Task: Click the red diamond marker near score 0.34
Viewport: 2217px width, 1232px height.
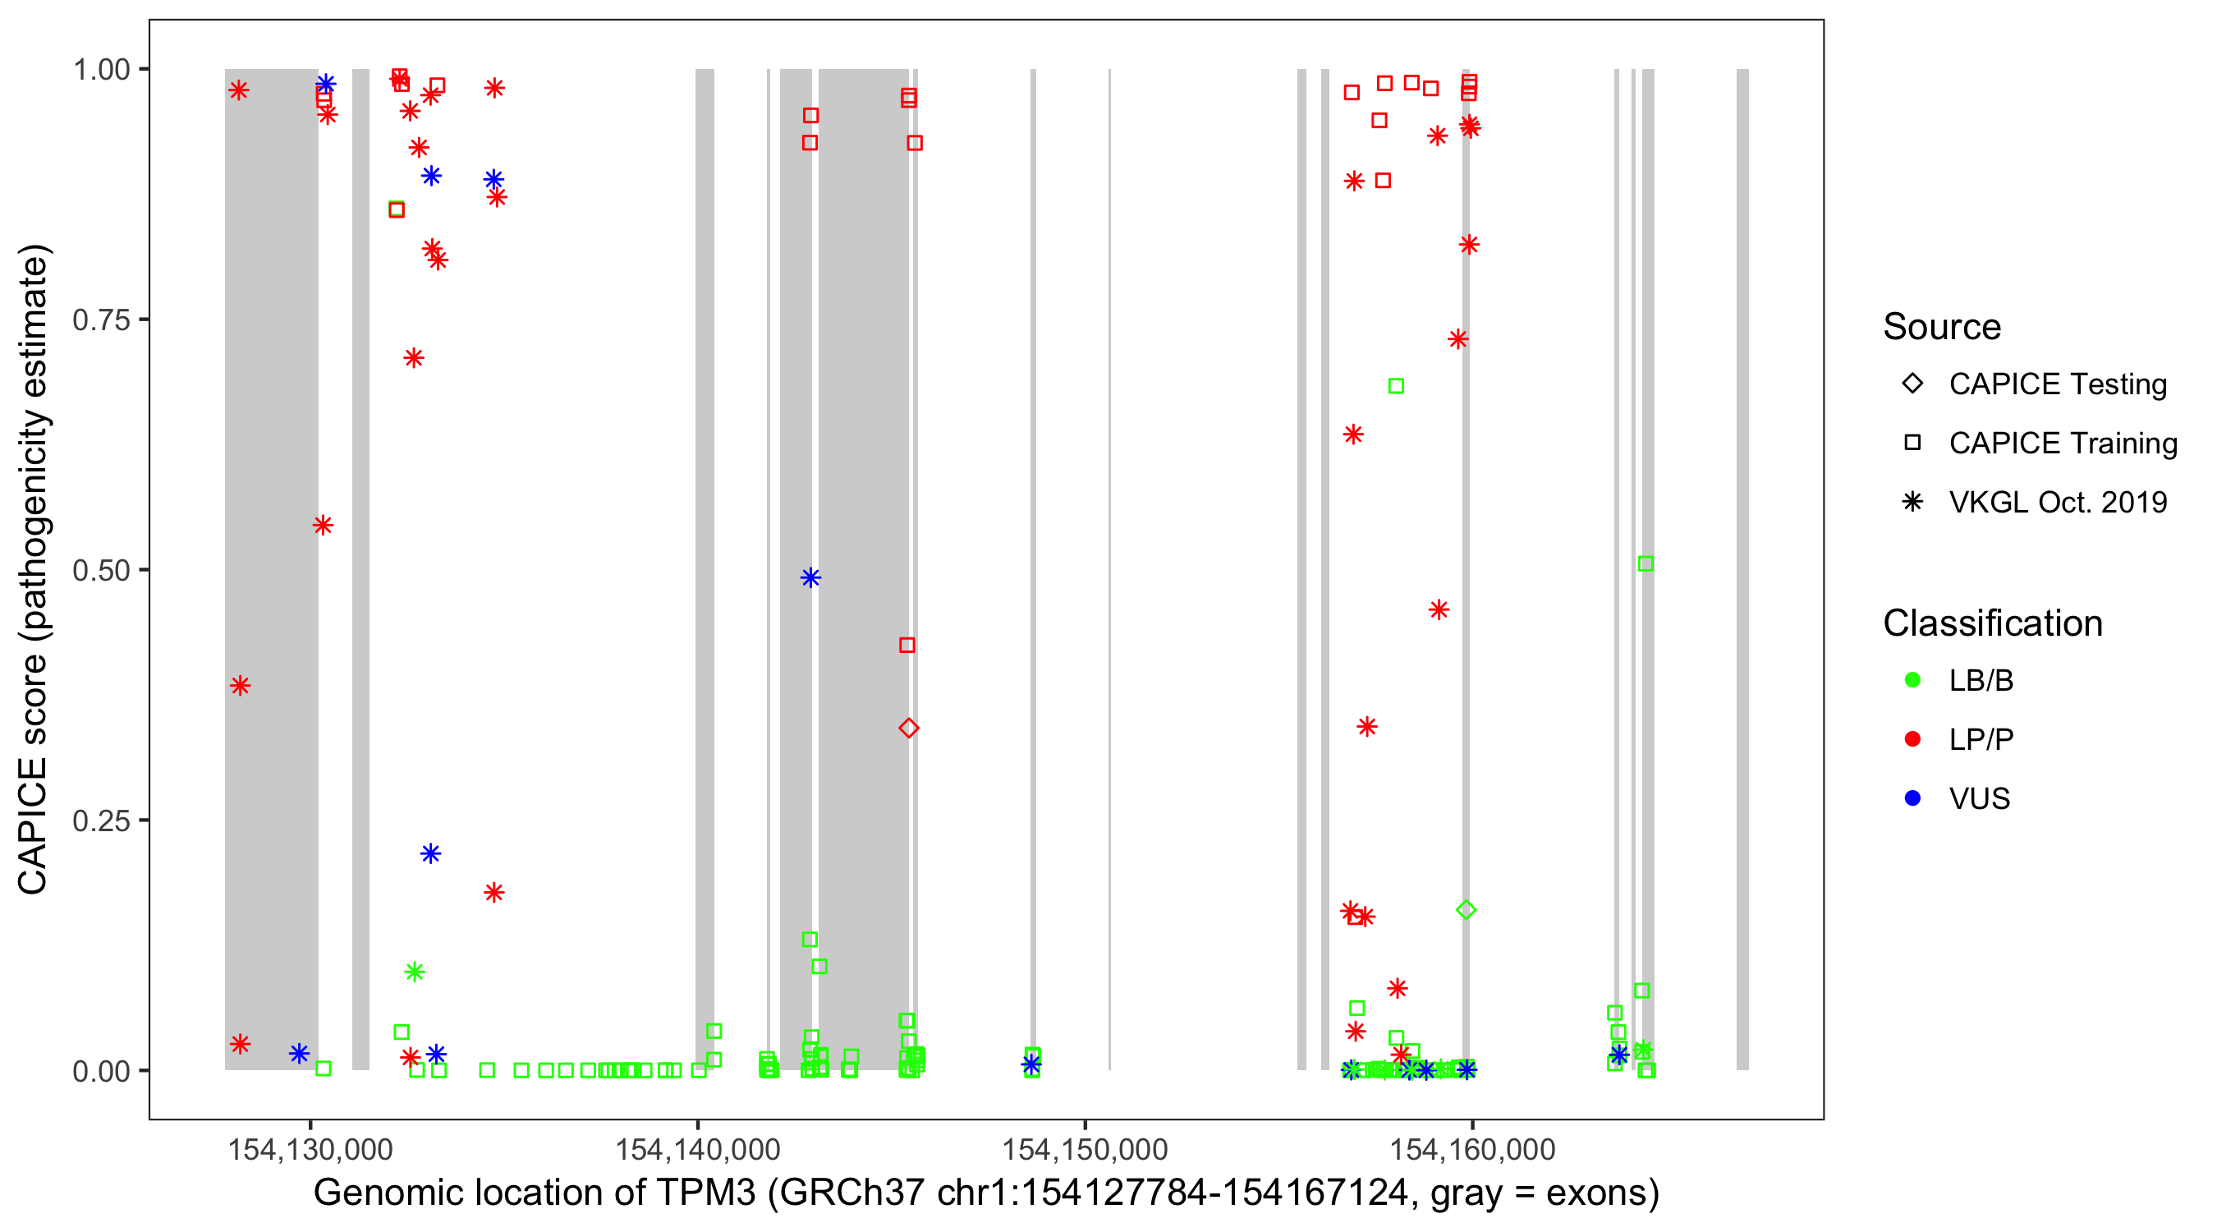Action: pyautogui.click(x=908, y=729)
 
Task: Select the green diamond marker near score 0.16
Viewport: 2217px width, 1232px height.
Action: pyautogui.click(x=1467, y=910)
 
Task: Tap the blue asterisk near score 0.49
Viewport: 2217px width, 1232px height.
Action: pyautogui.click(x=810, y=577)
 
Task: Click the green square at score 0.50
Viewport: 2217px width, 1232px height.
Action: pyautogui.click(x=1646, y=564)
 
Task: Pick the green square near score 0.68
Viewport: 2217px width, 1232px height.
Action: pyautogui.click(x=1396, y=387)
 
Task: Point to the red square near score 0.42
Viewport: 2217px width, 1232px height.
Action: pyautogui.click(x=907, y=645)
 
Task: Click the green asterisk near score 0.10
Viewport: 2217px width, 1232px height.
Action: pyautogui.click(x=414, y=972)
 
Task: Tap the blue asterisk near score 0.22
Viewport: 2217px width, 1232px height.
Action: pyautogui.click(x=431, y=853)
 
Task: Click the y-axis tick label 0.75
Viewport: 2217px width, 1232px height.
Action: pyautogui.click(x=101, y=320)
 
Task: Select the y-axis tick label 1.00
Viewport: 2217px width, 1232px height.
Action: pyautogui.click(x=101, y=70)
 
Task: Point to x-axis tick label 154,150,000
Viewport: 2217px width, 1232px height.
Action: pyautogui.click(x=1085, y=1149)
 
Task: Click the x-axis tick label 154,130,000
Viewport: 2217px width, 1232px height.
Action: pyautogui.click(x=310, y=1149)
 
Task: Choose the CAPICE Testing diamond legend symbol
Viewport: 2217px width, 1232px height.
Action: pyautogui.click(x=1912, y=384)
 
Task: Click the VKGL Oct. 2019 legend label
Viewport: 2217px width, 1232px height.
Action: pyautogui.click(x=2058, y=502)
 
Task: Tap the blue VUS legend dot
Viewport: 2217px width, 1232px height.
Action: pyautogui.click(x=1912, y=798)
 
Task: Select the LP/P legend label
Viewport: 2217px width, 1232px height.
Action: pyautogui.click(x=1981, y=739)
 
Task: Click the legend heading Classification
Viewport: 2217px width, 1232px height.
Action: pyautogui.click(x=1992, y=623)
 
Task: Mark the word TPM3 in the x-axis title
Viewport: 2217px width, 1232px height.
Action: pyautogui.click(x=705, y=1193)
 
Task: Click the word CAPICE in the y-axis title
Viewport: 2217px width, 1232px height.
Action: pyautogui.click(x=33, y=825)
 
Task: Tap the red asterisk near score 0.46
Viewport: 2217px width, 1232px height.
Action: pyautogui.click(x=1439, y=610)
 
